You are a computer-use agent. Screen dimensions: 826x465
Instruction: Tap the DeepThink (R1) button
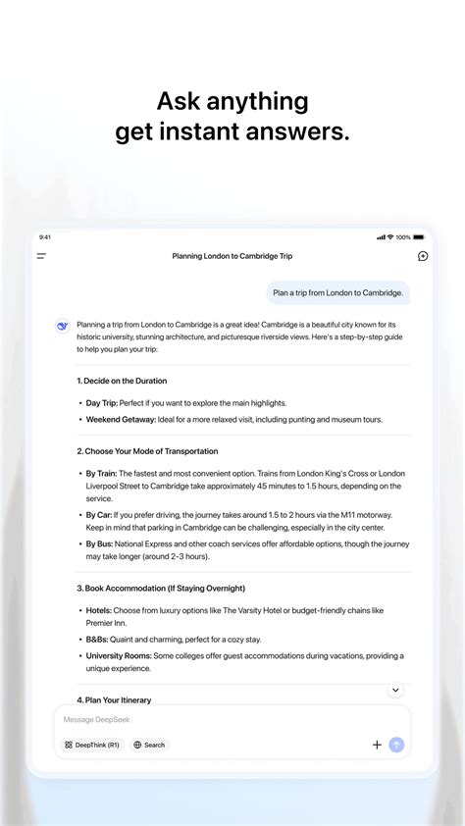(92, 745)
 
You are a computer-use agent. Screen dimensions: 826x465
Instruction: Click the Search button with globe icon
(149, 745)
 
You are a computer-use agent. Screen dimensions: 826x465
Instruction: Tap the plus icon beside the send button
(377, 745)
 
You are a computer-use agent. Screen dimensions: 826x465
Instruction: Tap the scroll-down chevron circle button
(395, 690)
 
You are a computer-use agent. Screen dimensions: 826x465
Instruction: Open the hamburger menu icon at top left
(41, 256)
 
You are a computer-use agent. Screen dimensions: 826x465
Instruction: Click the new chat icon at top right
(423, 256)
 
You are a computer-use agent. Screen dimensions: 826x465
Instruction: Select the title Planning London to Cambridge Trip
(232, 256)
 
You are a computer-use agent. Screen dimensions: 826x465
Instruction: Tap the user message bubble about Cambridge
(337, 292)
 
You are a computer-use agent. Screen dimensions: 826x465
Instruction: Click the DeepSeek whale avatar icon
(62, 327)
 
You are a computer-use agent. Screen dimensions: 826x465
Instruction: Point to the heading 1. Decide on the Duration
(122, 381)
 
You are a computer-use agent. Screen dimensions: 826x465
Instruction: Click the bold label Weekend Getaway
(121, 419)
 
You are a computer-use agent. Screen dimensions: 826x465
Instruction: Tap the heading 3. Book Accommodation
(161, 589)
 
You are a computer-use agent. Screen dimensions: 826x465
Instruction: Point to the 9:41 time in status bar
(45, 236)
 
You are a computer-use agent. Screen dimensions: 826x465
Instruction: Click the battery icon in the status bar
(419, 236)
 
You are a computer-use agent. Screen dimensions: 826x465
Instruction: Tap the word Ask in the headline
(182, 101)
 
